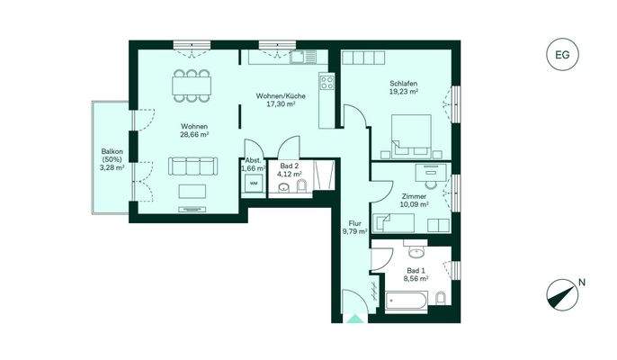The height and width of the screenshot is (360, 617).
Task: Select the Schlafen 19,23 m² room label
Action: click(401, 87)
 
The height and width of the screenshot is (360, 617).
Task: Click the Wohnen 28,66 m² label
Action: click(193, 131)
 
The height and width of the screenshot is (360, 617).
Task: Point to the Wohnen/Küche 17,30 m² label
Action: click(281, 100)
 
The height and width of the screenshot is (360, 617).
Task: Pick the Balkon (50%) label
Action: click(112, 159)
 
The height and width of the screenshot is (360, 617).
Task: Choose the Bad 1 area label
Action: click(414, 274)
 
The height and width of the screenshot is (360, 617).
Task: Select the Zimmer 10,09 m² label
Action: click(415, 199)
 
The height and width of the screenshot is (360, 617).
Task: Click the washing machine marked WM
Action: click(253, 184)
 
